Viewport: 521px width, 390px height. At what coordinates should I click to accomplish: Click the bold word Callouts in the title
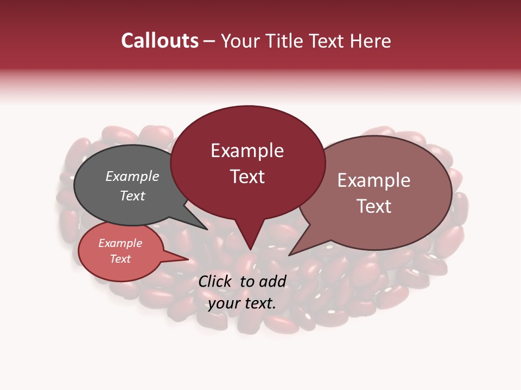160,41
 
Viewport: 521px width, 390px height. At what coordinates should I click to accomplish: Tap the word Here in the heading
371,41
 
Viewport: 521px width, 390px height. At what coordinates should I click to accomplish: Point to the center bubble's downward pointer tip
250,250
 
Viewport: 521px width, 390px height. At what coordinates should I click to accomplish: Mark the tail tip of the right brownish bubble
289,255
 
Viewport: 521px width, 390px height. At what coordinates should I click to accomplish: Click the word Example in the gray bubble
132,176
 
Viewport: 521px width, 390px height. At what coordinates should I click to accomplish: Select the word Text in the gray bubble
132,196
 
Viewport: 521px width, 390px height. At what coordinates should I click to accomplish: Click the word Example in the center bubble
247,151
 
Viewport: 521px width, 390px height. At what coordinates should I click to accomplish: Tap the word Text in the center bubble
247,177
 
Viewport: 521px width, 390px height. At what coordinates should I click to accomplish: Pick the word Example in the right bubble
374,180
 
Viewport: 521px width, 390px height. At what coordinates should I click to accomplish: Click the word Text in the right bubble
374,206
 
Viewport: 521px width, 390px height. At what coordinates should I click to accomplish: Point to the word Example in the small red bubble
120,243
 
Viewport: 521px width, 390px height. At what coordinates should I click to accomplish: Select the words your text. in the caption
242,303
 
